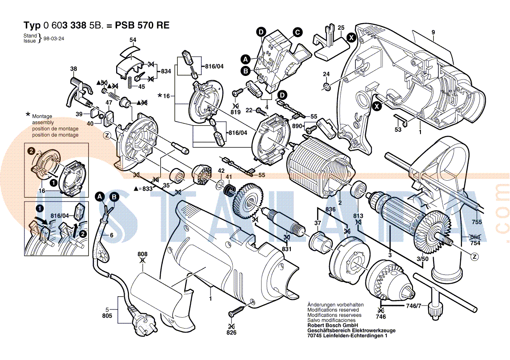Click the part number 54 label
point(133,40)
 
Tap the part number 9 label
point(433,32)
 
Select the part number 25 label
point(341,27)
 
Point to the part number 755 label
point(477,222)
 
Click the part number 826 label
point(231,333)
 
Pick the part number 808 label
point(142,254)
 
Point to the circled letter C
point(297,31)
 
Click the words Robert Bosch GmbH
point(333,326)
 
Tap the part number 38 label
point(73,69)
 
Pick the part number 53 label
point(398,130)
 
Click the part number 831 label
point(286,249)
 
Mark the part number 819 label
point(236,112)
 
